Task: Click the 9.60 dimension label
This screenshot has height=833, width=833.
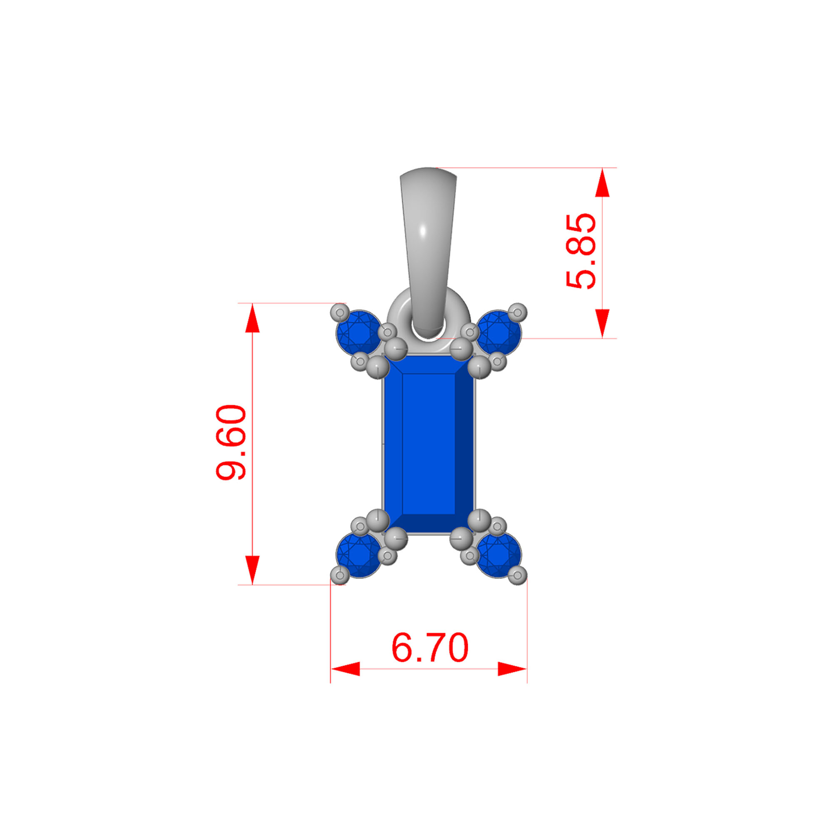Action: point(231,442)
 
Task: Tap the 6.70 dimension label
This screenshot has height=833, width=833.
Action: point(429,648)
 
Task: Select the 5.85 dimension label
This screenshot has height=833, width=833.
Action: point(581,250)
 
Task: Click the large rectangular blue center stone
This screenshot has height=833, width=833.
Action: point(429,444)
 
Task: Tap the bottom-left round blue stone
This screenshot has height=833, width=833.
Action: point(359,555)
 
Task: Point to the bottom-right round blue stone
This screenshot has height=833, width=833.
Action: point(499,555)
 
